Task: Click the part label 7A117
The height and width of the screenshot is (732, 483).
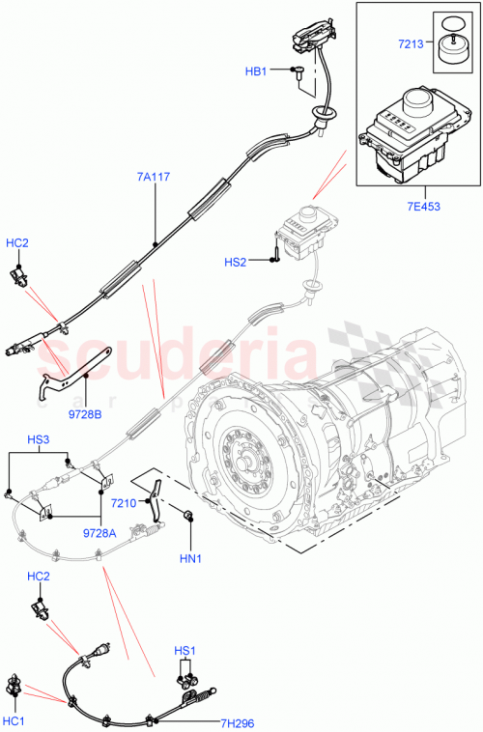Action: click(154, 177)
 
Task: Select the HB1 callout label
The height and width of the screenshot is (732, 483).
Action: click(255, 70)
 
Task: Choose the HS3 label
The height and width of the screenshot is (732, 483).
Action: click(40, 439)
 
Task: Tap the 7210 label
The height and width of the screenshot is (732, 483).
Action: click(123, 503)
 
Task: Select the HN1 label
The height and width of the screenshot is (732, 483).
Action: click(189, 559)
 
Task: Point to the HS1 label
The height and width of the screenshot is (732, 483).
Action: click(185, 651)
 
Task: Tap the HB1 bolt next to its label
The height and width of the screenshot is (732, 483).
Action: click(298, 70)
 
